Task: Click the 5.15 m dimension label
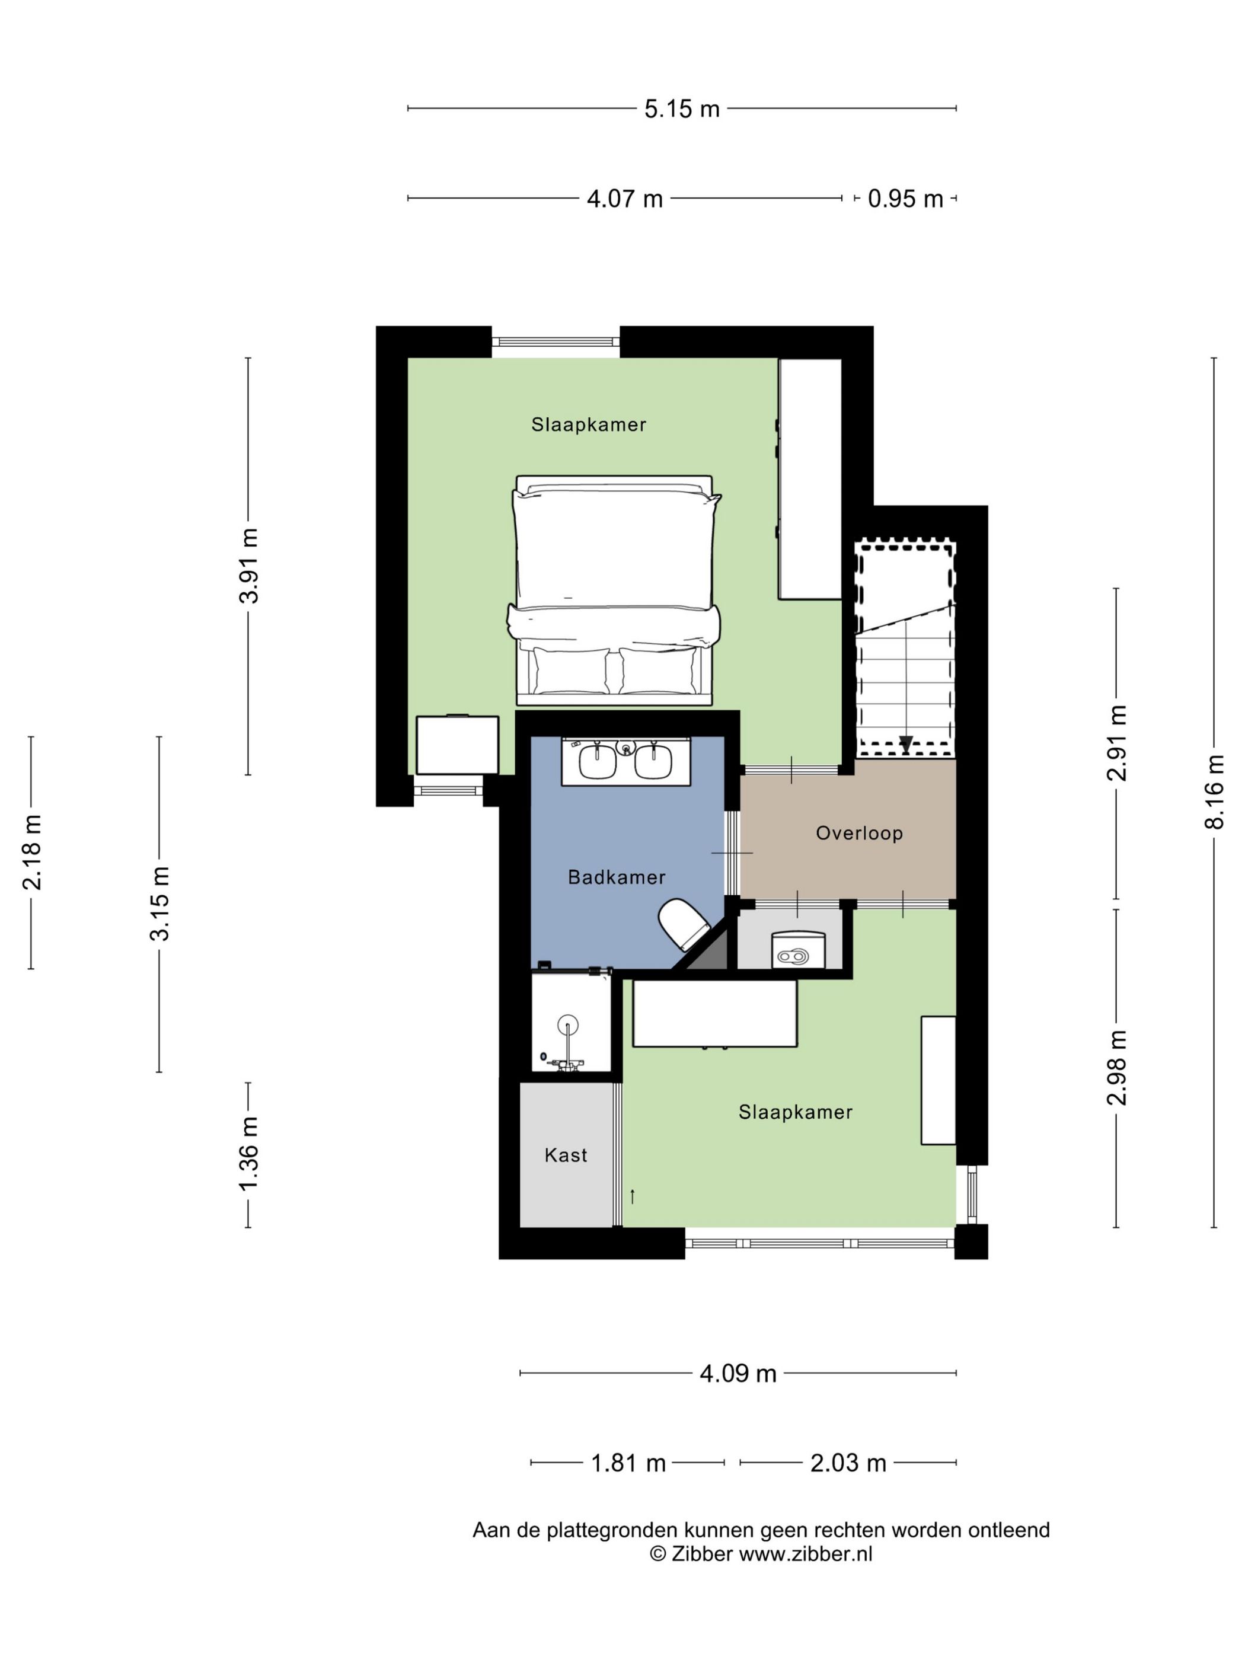point(681,109)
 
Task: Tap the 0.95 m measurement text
point(905,199)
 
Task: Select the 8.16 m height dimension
point(1214,791)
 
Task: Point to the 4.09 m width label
point(738,1373)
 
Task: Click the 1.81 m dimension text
point(628,1463)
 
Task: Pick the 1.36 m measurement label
point(248,1154)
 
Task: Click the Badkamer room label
point(616,877)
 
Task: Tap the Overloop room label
point(859,833)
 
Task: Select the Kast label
point(566,1155)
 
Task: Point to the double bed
point(614,590)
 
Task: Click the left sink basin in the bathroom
point(598,762)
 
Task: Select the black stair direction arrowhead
point(906,745)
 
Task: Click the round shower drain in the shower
point(568,1024)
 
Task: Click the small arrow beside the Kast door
point(633,1196)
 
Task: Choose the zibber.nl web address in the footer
point(805,1553)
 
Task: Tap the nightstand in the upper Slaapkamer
point(458,745)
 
